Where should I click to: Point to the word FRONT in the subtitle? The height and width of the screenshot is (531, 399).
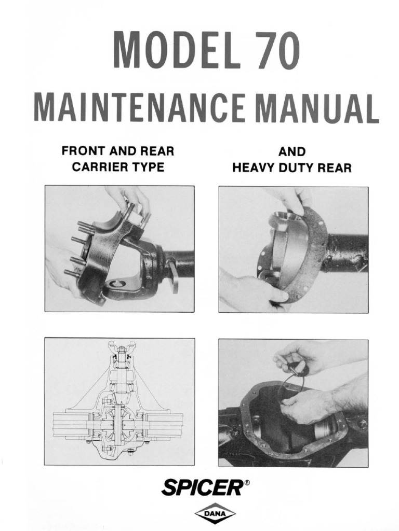pyautogui.click(x=80, y=151)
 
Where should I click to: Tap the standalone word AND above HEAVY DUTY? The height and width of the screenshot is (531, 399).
pyautogui.click(x=292, y=152)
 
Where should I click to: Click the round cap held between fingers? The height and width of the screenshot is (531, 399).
pyautogui.click(x=299, y=369)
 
